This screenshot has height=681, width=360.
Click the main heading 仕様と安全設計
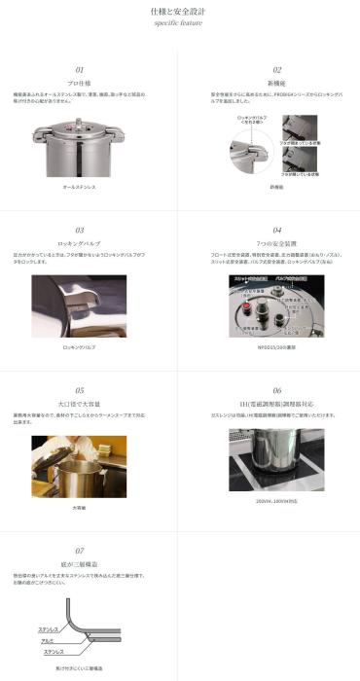179,11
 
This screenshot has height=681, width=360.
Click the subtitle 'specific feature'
179,24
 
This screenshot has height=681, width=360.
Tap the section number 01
80,70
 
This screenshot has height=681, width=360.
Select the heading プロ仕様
80,85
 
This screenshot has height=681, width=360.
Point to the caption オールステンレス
80,184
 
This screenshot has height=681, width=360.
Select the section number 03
80,230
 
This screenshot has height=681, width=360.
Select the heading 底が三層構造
80,564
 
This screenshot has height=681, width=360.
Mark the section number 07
80,550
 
